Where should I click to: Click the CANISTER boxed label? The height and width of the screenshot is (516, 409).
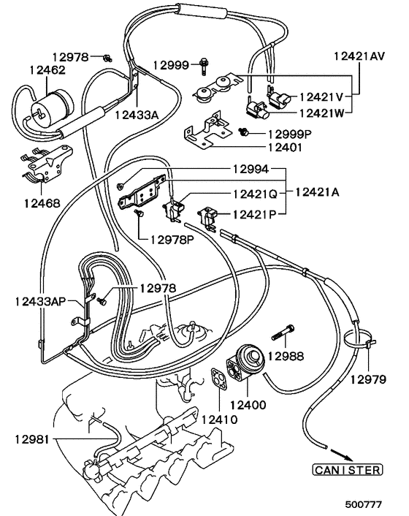pyautogui.click(x=347, y=470)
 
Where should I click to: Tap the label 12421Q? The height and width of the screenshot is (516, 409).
pyautogui.click(x=255, y=194)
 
